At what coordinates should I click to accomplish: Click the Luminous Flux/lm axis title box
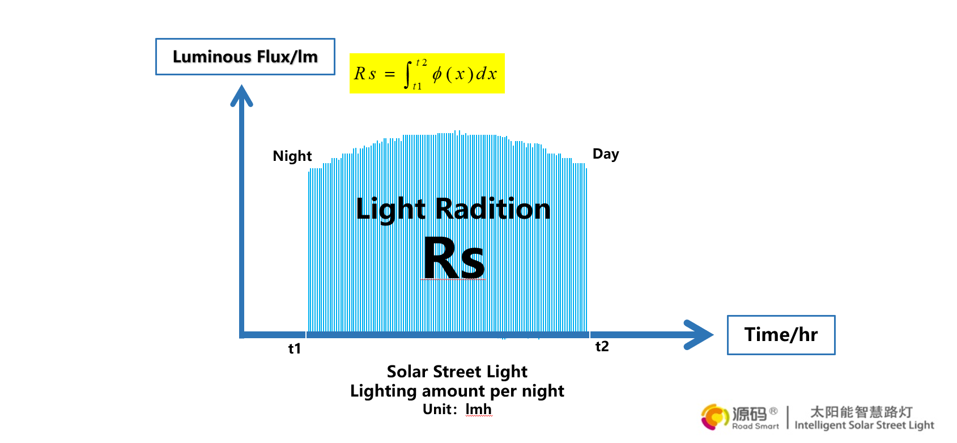point(245,57)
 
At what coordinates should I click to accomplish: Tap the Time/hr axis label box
point(781,335)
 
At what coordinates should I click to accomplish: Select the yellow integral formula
point(427,74)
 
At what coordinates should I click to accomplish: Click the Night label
point(292,156)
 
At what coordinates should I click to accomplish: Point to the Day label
point(606,154)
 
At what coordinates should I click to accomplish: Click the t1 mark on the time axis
point(295,348)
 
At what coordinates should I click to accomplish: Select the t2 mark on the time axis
point(602,346)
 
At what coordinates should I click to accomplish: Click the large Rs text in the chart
point(454,259)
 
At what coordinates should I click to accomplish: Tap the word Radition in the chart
point(493,209)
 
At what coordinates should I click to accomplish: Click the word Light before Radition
point(391,209)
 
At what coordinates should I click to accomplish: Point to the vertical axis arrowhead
point(241,95)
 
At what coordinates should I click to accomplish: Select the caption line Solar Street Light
point(457,372)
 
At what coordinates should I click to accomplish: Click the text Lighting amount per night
point(457,391)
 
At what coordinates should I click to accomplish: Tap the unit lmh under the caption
point(479,409)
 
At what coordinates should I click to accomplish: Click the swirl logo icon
point(715,417)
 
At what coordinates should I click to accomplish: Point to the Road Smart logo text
point(755,426)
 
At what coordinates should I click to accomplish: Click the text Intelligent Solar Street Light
point(864,425)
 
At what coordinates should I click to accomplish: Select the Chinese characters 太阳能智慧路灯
point(861,412)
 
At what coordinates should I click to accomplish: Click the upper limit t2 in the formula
point(421,62)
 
